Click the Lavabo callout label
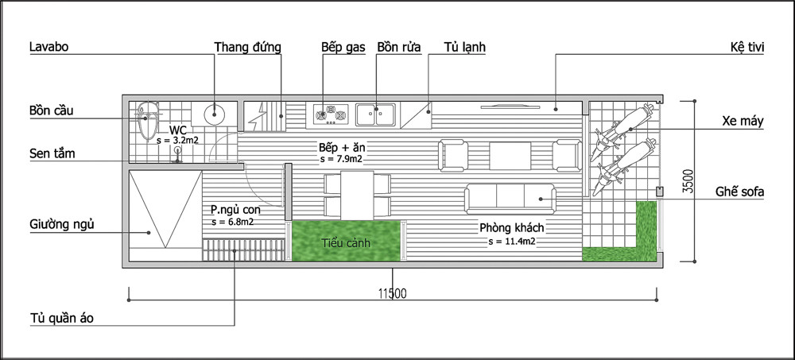[48, 47]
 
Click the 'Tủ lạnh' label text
[465, 47]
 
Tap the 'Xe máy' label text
[743, 122]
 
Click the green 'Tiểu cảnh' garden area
[345, 242]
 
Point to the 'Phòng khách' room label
[511, 228]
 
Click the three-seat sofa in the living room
[510, 195]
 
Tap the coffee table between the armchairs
[510, 153]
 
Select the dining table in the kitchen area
[356, 195]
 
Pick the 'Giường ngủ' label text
[61, 224]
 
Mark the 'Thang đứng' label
[247, 47]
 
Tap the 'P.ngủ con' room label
[235, 209]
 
